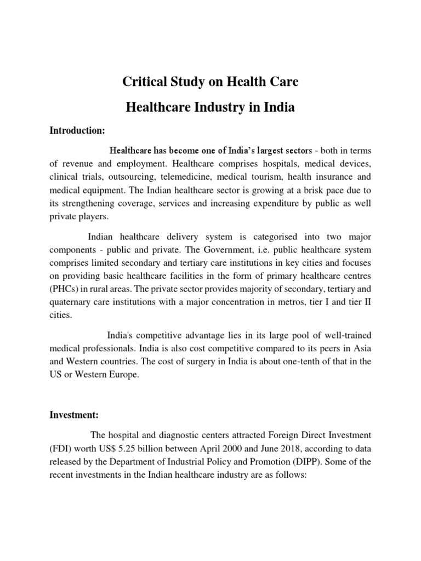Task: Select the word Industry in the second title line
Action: pos(219,108)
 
